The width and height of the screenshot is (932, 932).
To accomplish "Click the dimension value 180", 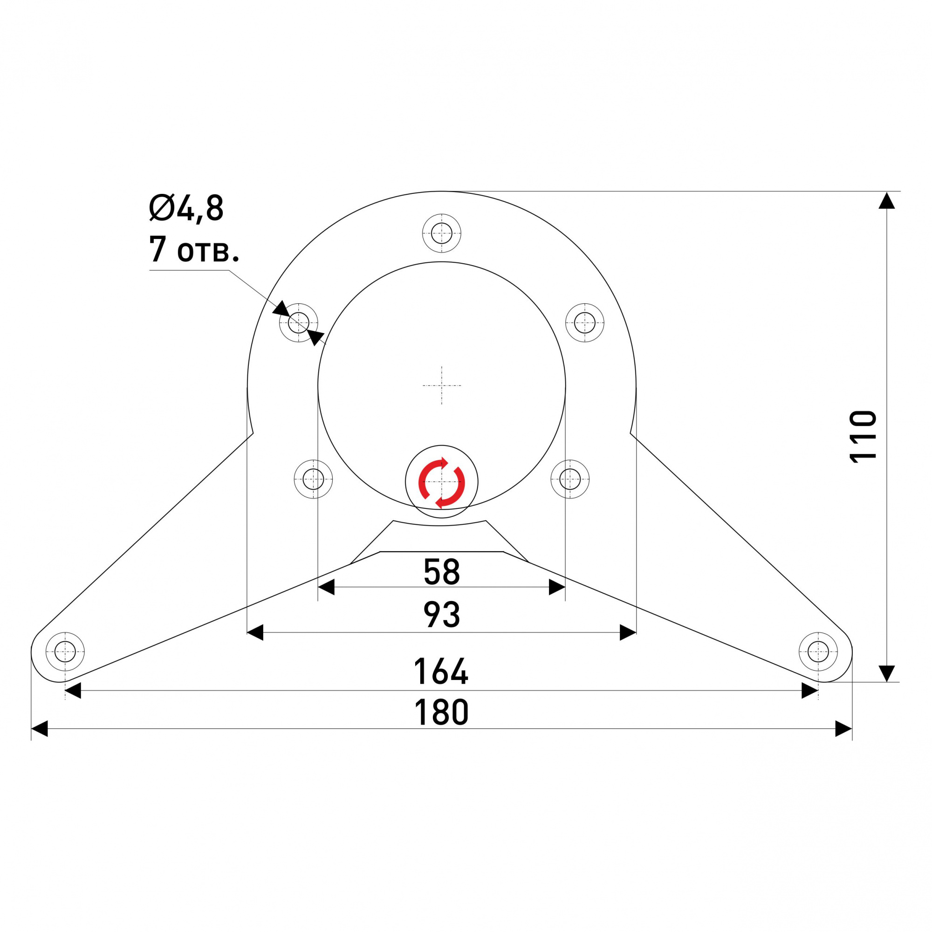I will point(441,712).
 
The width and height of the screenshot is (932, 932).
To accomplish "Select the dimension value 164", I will point(441,671).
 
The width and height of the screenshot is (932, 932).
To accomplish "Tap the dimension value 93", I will point(441,614).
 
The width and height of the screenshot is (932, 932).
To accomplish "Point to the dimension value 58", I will point(441,571).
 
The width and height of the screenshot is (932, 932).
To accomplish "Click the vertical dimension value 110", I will point(863,436).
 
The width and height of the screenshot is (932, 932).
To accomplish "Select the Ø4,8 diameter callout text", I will point(186,208).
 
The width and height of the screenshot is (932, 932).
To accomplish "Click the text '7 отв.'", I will point(193,249).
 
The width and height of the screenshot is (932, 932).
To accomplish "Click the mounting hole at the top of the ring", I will point(441,233).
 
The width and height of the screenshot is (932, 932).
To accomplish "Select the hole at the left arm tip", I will point(65,652).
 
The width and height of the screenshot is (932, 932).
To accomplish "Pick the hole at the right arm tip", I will point(818,652).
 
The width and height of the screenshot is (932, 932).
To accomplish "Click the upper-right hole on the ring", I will point(585,322).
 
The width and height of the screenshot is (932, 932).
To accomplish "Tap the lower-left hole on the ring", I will point(313,479).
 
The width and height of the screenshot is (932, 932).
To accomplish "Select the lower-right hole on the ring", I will point(570,479).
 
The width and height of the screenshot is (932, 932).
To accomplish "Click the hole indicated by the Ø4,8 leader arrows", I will point(298,322).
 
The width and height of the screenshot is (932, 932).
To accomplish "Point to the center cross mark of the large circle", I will point(441,385).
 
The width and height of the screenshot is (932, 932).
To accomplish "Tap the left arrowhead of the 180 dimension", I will point(40,728).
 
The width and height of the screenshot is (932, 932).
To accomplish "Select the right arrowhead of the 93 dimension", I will point(628,632).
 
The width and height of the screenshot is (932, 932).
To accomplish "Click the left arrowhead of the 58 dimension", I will point(327,587).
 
